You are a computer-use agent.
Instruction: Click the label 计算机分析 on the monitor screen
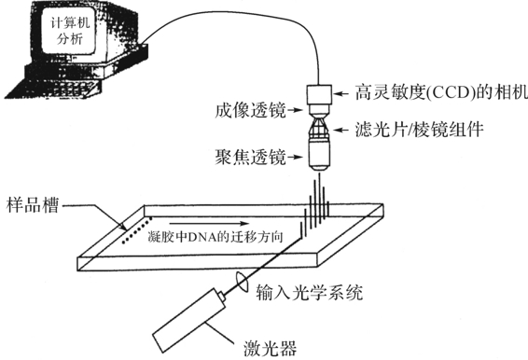pos(70,31)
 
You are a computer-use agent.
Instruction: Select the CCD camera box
pos(319,94)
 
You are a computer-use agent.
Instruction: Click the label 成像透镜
pos(251,110)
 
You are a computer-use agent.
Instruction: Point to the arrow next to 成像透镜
pos(297,110)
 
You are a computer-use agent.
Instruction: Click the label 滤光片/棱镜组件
pos(420,130)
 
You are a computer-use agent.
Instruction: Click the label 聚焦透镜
pos(251,157)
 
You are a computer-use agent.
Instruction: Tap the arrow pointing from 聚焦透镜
pos(297,157)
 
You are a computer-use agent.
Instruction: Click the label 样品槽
pos(33,205)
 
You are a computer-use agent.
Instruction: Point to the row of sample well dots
pos(137,230)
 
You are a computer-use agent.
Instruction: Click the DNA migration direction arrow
pos(210,223)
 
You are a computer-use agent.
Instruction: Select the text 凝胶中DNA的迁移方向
pos(215,237)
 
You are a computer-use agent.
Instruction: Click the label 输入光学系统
pos(310,292)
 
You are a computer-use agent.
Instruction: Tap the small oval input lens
pos(242,282)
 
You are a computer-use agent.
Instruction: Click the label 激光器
pos(270,348)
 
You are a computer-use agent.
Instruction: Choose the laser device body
pos(189,320)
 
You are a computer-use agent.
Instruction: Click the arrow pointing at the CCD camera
pos(341,93)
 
